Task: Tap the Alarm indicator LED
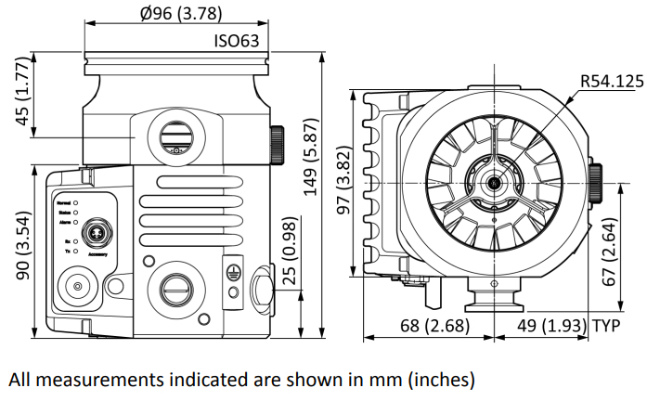pyautogui.click(x=76, y=222)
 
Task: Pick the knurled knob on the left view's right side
pyautogui.click(x=277, y=145)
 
